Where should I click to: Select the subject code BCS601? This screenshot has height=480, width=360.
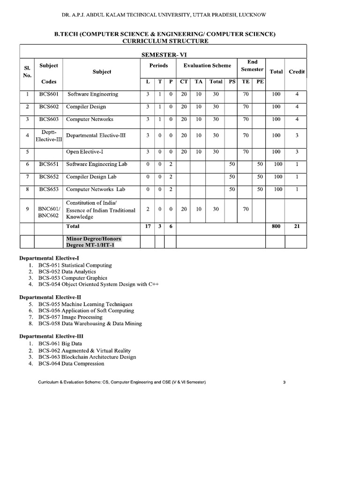[x=49, y=94]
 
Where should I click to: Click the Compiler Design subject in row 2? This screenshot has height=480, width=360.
[x=86, y=107]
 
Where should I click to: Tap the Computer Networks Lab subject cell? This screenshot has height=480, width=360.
[x=96, y=189]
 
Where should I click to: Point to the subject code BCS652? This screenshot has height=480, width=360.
[x=49, y=177]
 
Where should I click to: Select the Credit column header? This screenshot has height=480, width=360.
[x=296, y=72]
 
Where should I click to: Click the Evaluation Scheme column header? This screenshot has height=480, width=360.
[x=207, y=66]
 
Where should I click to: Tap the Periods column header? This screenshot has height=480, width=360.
[x=158, y=66]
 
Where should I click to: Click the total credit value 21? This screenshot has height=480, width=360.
[x=296, y=226]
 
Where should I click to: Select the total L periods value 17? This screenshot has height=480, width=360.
[x=148, y=226]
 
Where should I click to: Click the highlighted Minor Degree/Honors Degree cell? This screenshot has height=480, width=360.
[x=93, y=242]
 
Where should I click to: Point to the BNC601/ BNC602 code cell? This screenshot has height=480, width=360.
[x=49, y=210]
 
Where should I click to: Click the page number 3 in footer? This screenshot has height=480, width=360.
[x=284, y=382]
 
